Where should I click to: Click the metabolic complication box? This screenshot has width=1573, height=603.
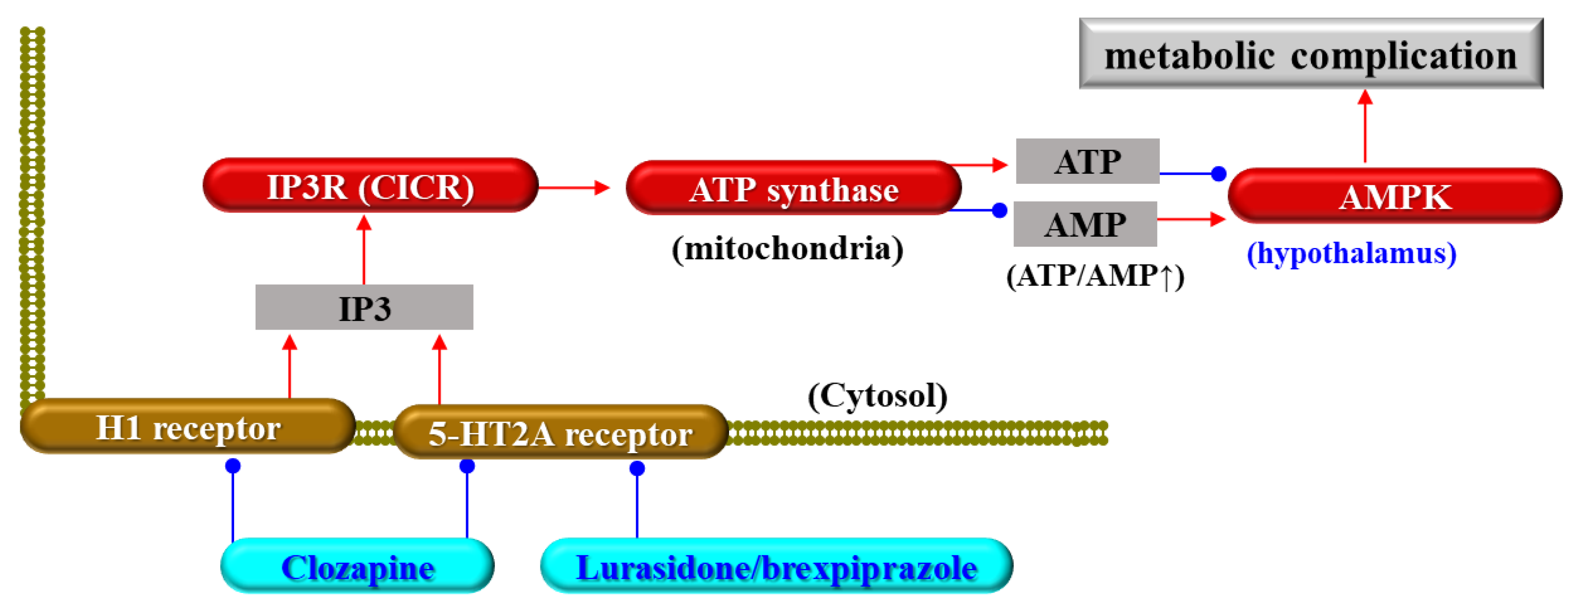click(x=1310, y=54)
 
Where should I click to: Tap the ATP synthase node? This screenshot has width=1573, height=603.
click(x=793, y=188)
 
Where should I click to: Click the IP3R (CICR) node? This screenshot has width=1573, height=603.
click(x=370, y=186)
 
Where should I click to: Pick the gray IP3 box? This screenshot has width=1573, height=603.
click(x=364, y=307)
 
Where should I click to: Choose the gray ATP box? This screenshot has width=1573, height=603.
click(x=1087, y=161)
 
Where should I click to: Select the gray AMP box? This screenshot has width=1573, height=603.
click(x=1085, y=224)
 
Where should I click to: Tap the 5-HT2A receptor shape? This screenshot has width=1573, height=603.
click(x=560, y=432)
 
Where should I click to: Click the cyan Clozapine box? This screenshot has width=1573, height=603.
click(x=357, y=566)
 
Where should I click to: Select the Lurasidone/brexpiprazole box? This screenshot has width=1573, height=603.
click(x=776, y=566)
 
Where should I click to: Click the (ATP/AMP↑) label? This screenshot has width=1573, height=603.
click(x=1094, y=276)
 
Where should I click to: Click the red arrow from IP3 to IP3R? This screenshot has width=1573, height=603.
click(x=364, y=250)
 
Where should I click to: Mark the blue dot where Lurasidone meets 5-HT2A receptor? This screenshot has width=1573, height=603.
click(x=637, y=468)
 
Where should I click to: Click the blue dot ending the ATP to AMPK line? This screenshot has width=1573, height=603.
click(x=1218, y=174)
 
